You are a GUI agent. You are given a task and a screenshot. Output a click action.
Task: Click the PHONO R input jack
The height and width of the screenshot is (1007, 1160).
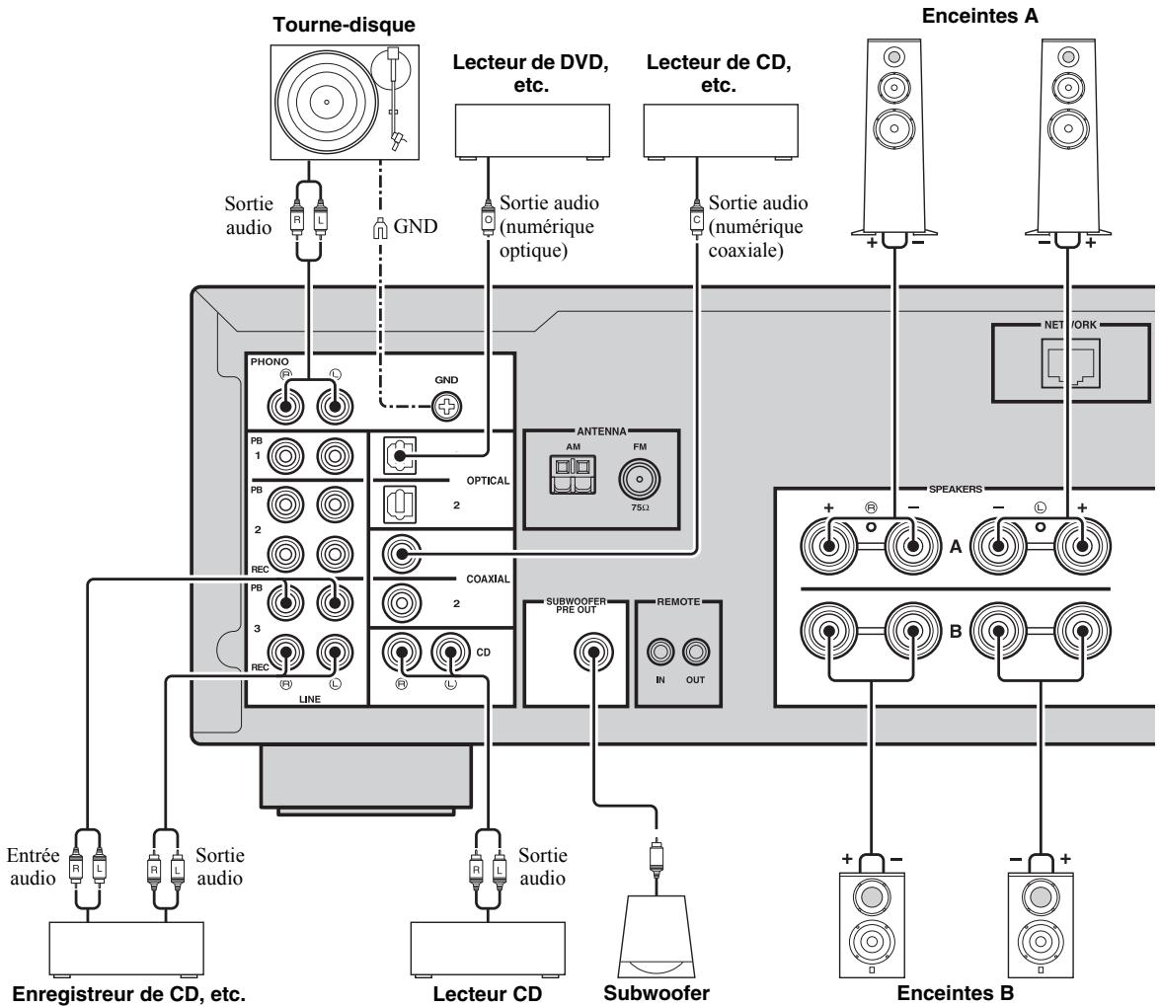coord(288,404)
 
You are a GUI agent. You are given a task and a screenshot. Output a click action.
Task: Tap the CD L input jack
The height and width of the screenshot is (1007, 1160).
coord(450,653)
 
